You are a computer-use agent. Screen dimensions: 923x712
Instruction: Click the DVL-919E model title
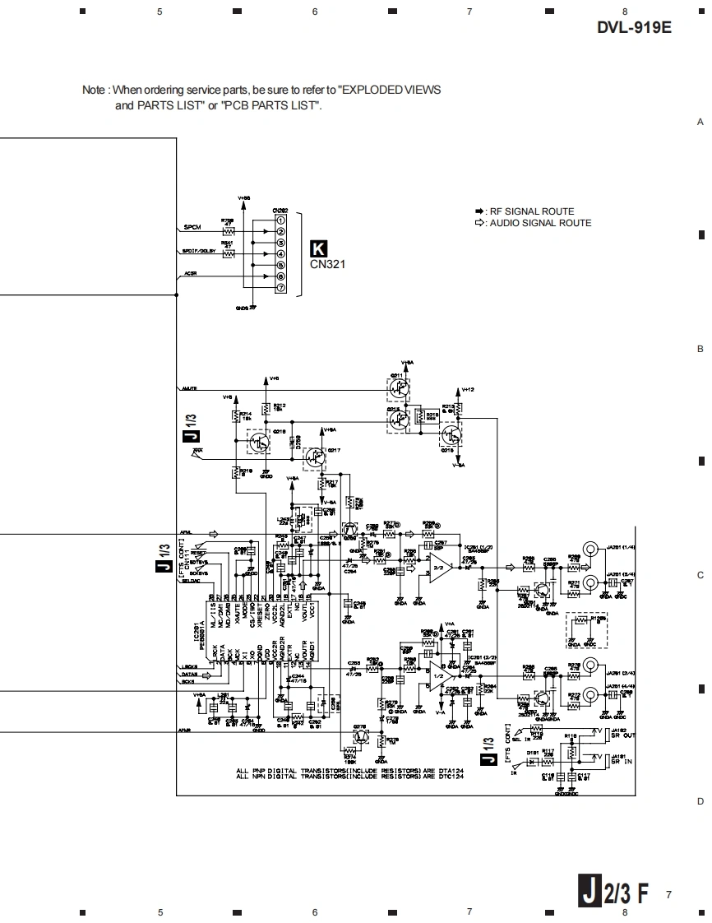(x=634, y=27)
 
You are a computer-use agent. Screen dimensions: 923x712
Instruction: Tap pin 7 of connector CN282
(x=280, y=288)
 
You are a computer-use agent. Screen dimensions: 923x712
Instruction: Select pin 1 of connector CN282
(x=280, y=220)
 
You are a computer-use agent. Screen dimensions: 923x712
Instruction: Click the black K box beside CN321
(x=317, y=248)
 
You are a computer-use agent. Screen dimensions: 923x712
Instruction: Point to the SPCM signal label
(x=192, y=227)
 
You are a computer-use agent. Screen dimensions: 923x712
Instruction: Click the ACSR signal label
(x=190, y=273)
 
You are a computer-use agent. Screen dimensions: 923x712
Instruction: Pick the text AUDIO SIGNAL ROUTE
(x=540, y=223)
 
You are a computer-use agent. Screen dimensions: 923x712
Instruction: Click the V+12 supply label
(x=468, y=389)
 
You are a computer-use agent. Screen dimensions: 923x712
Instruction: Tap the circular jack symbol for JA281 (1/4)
(x=590, y=548)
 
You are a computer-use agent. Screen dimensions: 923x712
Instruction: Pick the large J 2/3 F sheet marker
(x=614, y=893)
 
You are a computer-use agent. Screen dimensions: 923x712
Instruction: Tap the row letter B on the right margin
(x=700, y=349)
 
